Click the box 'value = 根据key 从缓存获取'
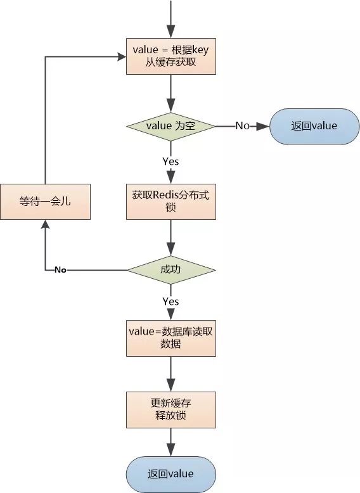coord(171,56)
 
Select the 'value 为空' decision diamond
coord(171,126)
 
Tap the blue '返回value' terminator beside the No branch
coord(314,126)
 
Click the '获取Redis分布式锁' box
coord(171,202)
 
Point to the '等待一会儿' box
coord(45,202)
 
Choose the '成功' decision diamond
coord(171,270)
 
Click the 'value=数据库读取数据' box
coord(171,338)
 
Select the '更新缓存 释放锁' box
coord(171,410)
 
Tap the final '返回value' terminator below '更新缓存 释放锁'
coord(171,475)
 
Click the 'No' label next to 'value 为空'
coord(242,126)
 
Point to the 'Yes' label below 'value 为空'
coord(170,162)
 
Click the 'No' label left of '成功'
coord(60,270)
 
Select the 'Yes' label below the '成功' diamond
coord(170,302)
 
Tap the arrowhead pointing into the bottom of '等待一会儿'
coord(45,226)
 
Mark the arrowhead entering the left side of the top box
coord(120,56)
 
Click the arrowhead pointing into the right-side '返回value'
coord(264,126)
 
